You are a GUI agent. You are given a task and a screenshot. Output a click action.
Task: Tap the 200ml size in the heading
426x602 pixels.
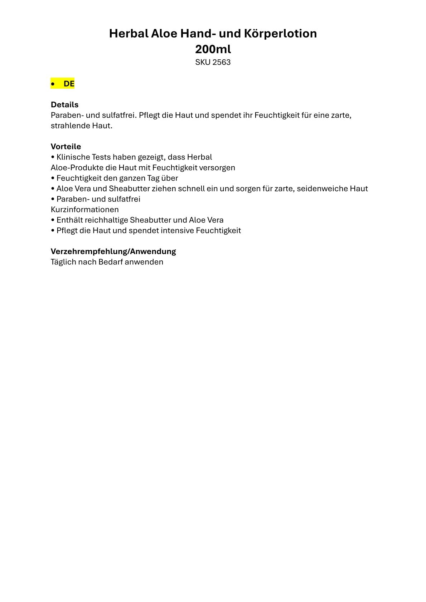(213, 49)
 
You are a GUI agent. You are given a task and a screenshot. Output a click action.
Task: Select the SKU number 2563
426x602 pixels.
(221, 62)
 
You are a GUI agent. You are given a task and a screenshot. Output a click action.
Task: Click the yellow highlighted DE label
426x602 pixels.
(69, 84)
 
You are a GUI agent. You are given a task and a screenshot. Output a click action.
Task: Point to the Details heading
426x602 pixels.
(64, 105)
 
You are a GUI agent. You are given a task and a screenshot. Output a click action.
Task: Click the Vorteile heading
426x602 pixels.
(66, 147)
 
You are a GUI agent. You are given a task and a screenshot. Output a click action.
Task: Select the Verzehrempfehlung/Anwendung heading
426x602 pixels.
(113, 251)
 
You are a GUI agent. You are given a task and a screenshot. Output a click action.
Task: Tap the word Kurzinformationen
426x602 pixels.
(84, 210)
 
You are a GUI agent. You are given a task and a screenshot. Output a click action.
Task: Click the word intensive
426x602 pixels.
(177, 231)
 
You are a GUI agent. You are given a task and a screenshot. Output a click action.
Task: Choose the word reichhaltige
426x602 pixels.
(106, 220)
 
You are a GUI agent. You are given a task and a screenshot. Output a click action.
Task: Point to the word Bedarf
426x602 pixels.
(110, 262)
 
